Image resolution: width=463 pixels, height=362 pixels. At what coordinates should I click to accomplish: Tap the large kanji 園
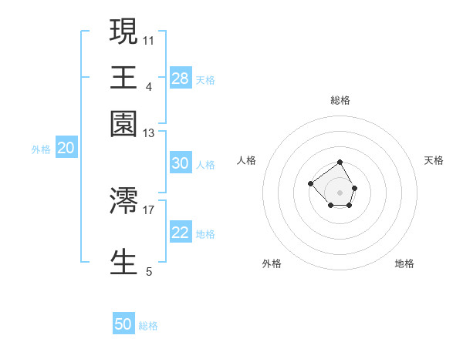(x=123, y=123)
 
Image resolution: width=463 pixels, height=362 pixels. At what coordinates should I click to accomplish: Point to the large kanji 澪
(x=123, y=200)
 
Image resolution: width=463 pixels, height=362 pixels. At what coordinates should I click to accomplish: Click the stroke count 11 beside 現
(x=149, y=39)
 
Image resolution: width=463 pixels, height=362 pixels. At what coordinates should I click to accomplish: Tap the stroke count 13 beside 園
(x=149, y=133)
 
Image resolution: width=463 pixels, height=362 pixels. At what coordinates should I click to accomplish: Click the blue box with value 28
(x=181, y=78)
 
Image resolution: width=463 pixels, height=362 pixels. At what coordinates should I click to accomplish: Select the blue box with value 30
(x=181, y=163)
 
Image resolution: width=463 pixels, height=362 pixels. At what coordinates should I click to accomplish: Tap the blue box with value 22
(x=181, y=233)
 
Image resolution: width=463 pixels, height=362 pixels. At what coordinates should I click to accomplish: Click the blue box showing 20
(x=66, y=149)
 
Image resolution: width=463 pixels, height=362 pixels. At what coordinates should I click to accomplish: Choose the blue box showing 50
(x=123, y=324)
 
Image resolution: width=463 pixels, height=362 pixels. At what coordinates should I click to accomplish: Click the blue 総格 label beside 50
(x=148, y=326)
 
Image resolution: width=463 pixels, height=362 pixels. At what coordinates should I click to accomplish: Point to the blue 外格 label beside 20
(x=41, y=150)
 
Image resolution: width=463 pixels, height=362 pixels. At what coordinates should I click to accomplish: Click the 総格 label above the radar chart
(x=340, y=100)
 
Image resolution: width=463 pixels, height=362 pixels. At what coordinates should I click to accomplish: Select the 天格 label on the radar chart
(x=434, y=160)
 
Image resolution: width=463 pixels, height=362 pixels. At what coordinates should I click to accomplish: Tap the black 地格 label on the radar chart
(x=404, y=263)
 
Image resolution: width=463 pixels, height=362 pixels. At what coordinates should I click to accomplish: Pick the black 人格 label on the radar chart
(x=247, y=160)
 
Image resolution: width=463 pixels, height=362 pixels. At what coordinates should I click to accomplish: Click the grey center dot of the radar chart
(x=340, y=192)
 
